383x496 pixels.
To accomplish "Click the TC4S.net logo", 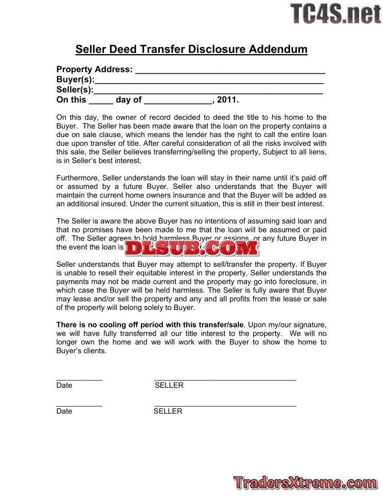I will tap(336, 14).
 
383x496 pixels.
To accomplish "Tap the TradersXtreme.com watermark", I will tap(305, 482).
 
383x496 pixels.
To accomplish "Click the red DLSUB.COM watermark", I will tap(191, 248).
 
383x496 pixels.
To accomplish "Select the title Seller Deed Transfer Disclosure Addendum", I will tap(191, 49).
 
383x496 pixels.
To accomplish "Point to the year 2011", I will tap(227, 100).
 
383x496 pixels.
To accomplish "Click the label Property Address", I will tap(94, 69).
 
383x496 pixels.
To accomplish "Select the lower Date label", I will tap(64, 411).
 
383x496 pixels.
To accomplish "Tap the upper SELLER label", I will tap(169, 386).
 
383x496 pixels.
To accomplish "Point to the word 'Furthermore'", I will tap(77, 178).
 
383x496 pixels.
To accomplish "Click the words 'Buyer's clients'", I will tap(81, 351).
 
